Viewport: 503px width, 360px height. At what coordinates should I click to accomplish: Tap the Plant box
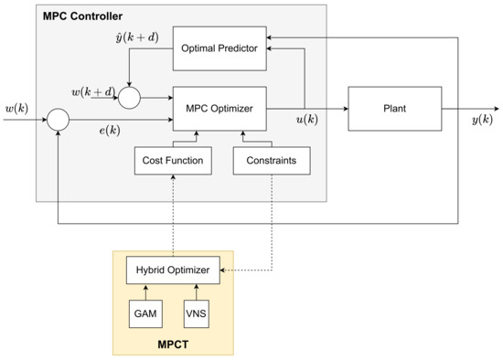pyautogui.click(x=393, y=107)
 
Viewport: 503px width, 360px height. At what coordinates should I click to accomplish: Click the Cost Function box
pyautogui.click(x=172, y=161)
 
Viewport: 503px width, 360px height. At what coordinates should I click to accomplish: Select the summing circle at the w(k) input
pyautogui.click(x=58, y=118)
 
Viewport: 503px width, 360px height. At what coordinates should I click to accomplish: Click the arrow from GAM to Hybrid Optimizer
pyautogui.click(x=144, y=290)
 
